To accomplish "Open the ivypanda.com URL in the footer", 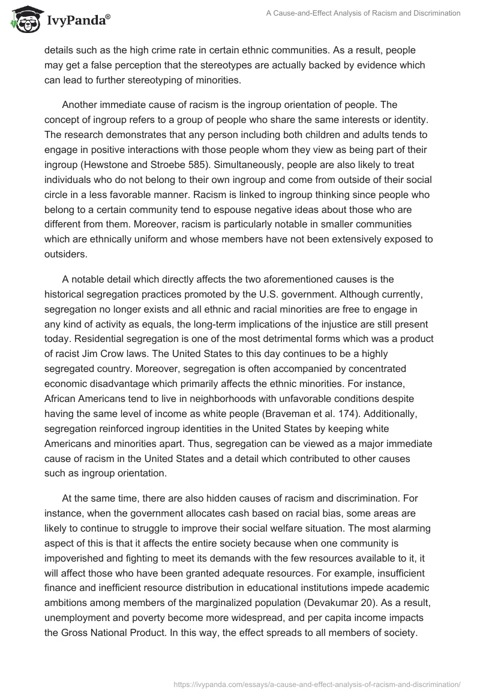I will tap(317, 683).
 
